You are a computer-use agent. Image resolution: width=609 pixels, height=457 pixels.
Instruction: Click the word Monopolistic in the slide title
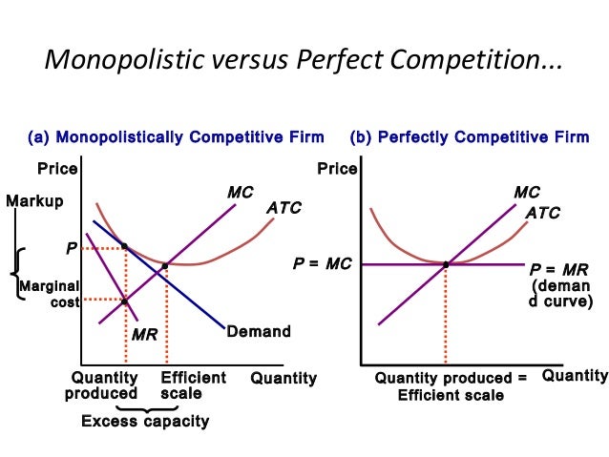pyautogui.click(x=121, y=62)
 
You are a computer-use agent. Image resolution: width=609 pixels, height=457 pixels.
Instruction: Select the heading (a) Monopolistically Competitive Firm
pyautogui.click(x=176, y=137)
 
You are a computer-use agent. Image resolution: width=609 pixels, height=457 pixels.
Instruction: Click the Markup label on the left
pyautogui.click(x=34, y=201)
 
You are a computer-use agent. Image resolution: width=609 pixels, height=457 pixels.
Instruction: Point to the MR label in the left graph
pyautogui.click(x=144, y=336)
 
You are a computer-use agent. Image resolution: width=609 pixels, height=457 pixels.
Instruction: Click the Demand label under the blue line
pyautogui.click(x=258, y=332)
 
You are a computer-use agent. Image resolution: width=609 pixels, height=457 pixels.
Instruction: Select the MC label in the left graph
pyautogui.click(x=240, y=193)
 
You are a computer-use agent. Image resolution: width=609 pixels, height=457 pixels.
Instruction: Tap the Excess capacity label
pyautogui.click(x=145, y=421)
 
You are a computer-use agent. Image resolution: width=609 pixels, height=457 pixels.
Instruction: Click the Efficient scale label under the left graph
pyautogui.click(x=194, y=385)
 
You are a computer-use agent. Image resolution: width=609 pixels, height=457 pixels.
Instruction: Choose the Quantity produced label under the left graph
pyautogui.click(x=104, y=385)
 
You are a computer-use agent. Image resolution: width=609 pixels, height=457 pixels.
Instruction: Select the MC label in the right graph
pyautogui.click(x=526, y=193)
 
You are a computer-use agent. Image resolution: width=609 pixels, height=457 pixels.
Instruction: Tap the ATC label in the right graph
pyautogui.click(x=543, y=213)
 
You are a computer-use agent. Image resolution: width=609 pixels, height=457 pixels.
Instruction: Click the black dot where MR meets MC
pyautogui.click(x=126, y=301)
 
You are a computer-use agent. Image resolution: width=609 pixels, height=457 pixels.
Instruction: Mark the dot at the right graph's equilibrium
pyautogui.click(x=446, y=264)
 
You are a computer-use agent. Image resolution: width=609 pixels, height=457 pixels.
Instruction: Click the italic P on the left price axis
pyautogui.click(x=71, y=248)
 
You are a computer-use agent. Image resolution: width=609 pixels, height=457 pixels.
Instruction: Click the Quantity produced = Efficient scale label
pyautogui.click(x=451, y=385)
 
